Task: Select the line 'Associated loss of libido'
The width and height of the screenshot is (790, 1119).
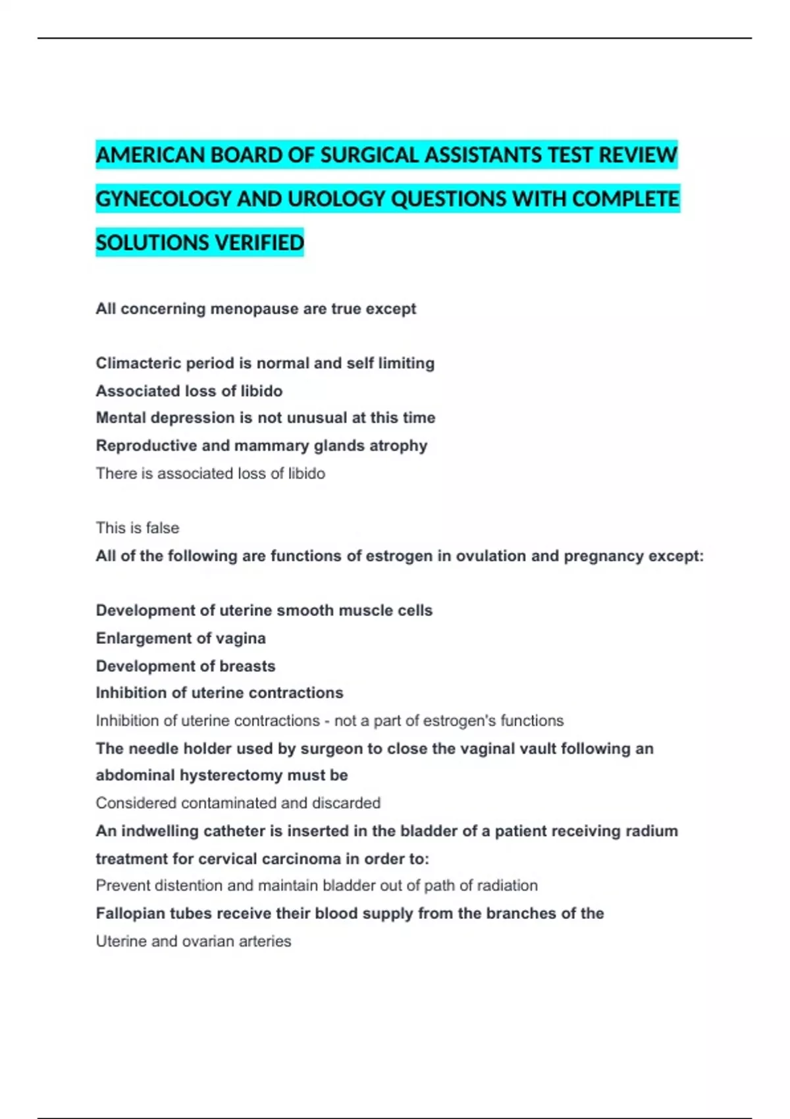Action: (189, 391)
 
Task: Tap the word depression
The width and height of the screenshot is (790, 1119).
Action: (201, 418)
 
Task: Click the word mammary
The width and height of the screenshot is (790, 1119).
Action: (271, 446)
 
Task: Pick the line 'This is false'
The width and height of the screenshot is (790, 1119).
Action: (137, 528)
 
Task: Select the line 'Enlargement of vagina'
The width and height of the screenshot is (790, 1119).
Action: (180, 638)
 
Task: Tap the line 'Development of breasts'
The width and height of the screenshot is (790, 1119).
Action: (185, 666)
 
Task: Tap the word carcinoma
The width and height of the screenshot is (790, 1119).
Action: (300, 859)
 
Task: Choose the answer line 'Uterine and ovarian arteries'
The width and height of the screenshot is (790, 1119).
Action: (193, 941)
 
